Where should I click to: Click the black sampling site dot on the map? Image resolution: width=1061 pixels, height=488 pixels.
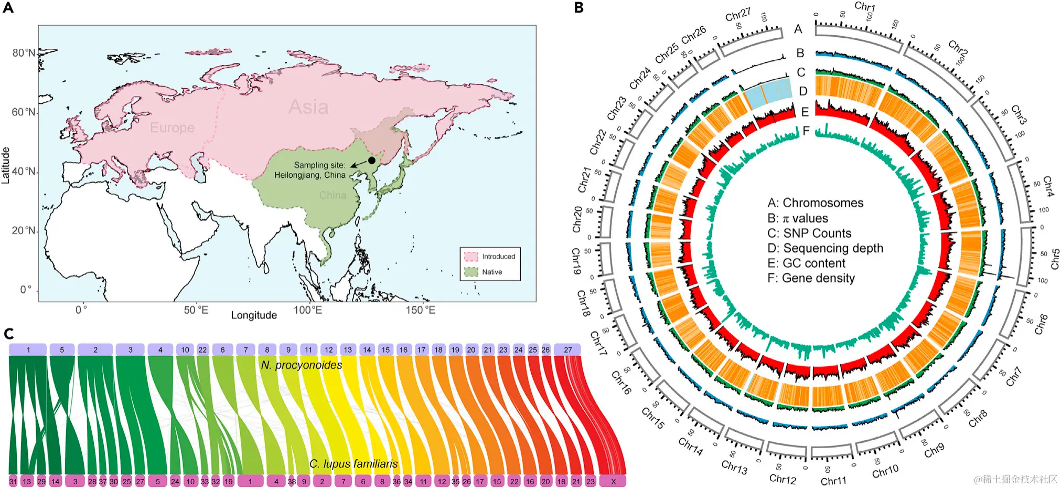[372, 160]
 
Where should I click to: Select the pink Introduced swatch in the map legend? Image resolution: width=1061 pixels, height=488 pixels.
[471, 256]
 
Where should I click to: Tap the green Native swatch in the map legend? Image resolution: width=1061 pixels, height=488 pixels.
[471, 272]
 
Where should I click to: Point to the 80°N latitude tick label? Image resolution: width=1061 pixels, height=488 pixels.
[24, 53]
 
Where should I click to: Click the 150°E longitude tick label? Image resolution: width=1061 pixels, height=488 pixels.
[420, 310]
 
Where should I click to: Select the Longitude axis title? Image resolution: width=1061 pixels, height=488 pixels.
[254, 315]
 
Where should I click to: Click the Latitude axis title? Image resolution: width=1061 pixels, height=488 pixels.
[6, 165]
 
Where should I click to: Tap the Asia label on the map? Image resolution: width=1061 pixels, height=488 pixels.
[308, 107]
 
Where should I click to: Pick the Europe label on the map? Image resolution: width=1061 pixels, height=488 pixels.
[172, 128]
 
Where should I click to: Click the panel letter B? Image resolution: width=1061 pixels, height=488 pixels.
[578, 8]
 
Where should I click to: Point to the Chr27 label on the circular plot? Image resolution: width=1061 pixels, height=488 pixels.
[737, 15]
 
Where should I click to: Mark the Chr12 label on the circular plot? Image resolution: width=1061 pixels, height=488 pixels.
[783, 479]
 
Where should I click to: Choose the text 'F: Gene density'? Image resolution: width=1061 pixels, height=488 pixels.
[811, 278]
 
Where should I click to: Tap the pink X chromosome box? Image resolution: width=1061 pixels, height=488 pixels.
[613, 481]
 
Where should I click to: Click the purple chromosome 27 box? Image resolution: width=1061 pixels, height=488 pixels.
[567, 349]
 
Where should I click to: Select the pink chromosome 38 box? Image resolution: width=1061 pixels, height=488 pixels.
[292, 481]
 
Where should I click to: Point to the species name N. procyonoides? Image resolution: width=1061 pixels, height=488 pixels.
[302, 365]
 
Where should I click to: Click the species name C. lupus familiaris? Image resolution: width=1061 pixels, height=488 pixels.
[353, 464]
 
